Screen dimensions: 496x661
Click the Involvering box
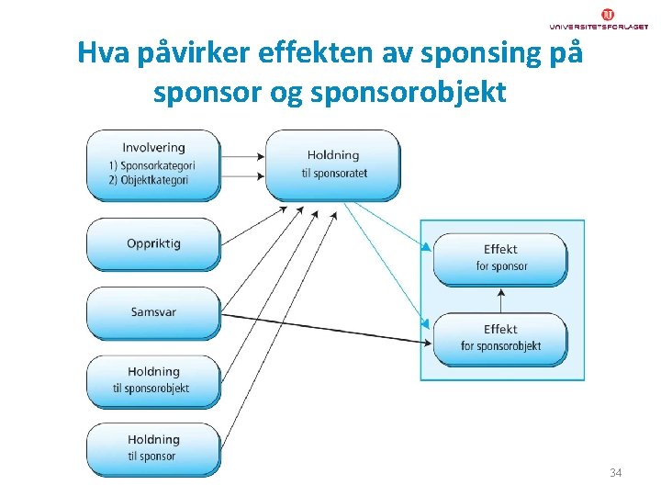[153, 164]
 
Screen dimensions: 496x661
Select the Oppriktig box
[153, 243]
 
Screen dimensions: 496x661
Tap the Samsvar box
[153, 312]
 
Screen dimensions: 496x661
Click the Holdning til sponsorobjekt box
[153, 380]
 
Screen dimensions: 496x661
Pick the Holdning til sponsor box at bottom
[153, 448]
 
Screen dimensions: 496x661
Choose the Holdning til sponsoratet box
[332, 164]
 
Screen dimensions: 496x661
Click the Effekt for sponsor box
[500, 257]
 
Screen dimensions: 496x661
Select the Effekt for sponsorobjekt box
[500, 337]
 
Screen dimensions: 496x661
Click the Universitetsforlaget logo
[599, 20]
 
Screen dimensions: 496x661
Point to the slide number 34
[615, 473]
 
